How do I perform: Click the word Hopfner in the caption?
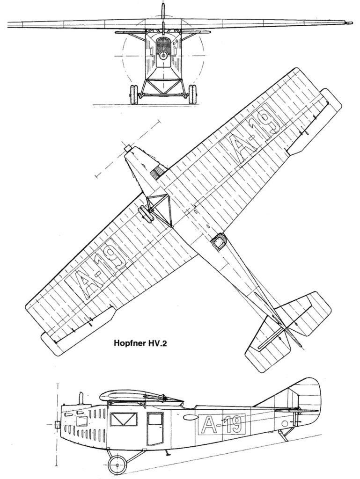click(129, 343)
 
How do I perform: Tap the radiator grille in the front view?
click(163, 45)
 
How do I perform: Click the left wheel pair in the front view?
click(134, 94)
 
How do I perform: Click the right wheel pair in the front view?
click(192, 94)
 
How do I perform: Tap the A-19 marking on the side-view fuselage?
click(222, 424)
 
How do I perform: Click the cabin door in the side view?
click(155, 428)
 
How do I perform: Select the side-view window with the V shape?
click(124, 419)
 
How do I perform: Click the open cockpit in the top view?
click(218, 242)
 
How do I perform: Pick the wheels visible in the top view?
click(146, 215)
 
